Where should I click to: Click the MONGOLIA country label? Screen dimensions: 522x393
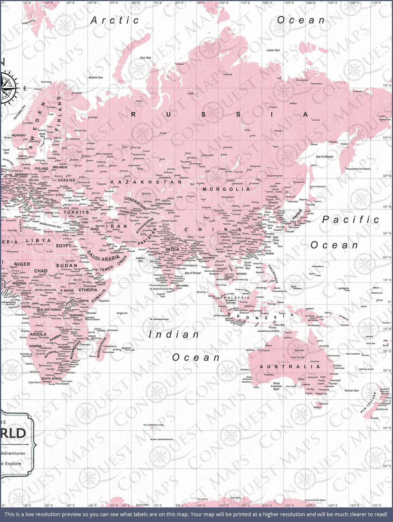coord(226,189)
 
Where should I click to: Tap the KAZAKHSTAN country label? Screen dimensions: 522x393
coord(146,182)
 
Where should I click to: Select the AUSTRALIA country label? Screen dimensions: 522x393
coord(290,367)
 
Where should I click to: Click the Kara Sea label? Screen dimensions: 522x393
coord(145,58)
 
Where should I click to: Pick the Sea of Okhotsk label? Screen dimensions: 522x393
coord(324,156)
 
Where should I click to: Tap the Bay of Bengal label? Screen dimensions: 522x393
coord(193,273)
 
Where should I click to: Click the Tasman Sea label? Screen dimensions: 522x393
coord(351,390)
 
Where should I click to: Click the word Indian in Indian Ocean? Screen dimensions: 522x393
coord(174,335)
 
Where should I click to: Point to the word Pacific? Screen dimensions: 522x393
coord(351,220)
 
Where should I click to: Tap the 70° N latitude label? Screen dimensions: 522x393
coord(387,85)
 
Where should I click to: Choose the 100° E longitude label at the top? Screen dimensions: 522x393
coord(223,3)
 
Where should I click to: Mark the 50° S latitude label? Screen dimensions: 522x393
coord(387,428)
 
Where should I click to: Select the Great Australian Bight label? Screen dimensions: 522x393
coord(276,386)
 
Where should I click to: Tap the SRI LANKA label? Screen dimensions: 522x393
coord(182,286)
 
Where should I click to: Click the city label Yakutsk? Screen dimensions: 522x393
coord(278,131)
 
